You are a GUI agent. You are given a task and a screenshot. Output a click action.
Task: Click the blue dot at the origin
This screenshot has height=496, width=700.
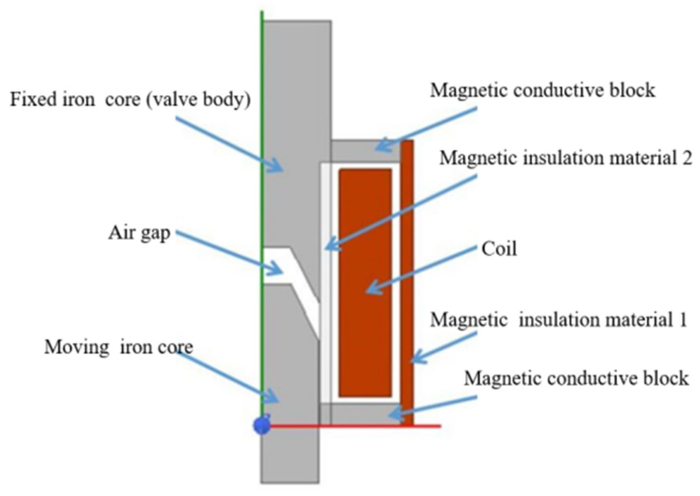(x=261, y=426)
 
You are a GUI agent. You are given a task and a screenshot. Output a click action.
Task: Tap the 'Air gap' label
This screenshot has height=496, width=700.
(x=139, y=234)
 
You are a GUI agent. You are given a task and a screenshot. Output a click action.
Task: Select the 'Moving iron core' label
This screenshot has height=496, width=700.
(x=119, y=347)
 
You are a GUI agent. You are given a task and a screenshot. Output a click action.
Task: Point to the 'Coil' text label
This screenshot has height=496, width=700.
(x=499, y=249)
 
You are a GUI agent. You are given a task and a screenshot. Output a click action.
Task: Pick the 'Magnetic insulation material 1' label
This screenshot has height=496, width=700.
(x=558, y=320)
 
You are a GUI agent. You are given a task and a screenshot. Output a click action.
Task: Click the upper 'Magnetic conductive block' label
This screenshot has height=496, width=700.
(x=542, y=90)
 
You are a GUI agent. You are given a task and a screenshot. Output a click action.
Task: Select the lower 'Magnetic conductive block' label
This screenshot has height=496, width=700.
(x=576, y=378)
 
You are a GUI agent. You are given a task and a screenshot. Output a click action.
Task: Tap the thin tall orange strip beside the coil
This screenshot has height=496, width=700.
(x=408, y=256)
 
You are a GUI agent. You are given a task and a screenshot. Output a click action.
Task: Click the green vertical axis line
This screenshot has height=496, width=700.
(x=262, y=128)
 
